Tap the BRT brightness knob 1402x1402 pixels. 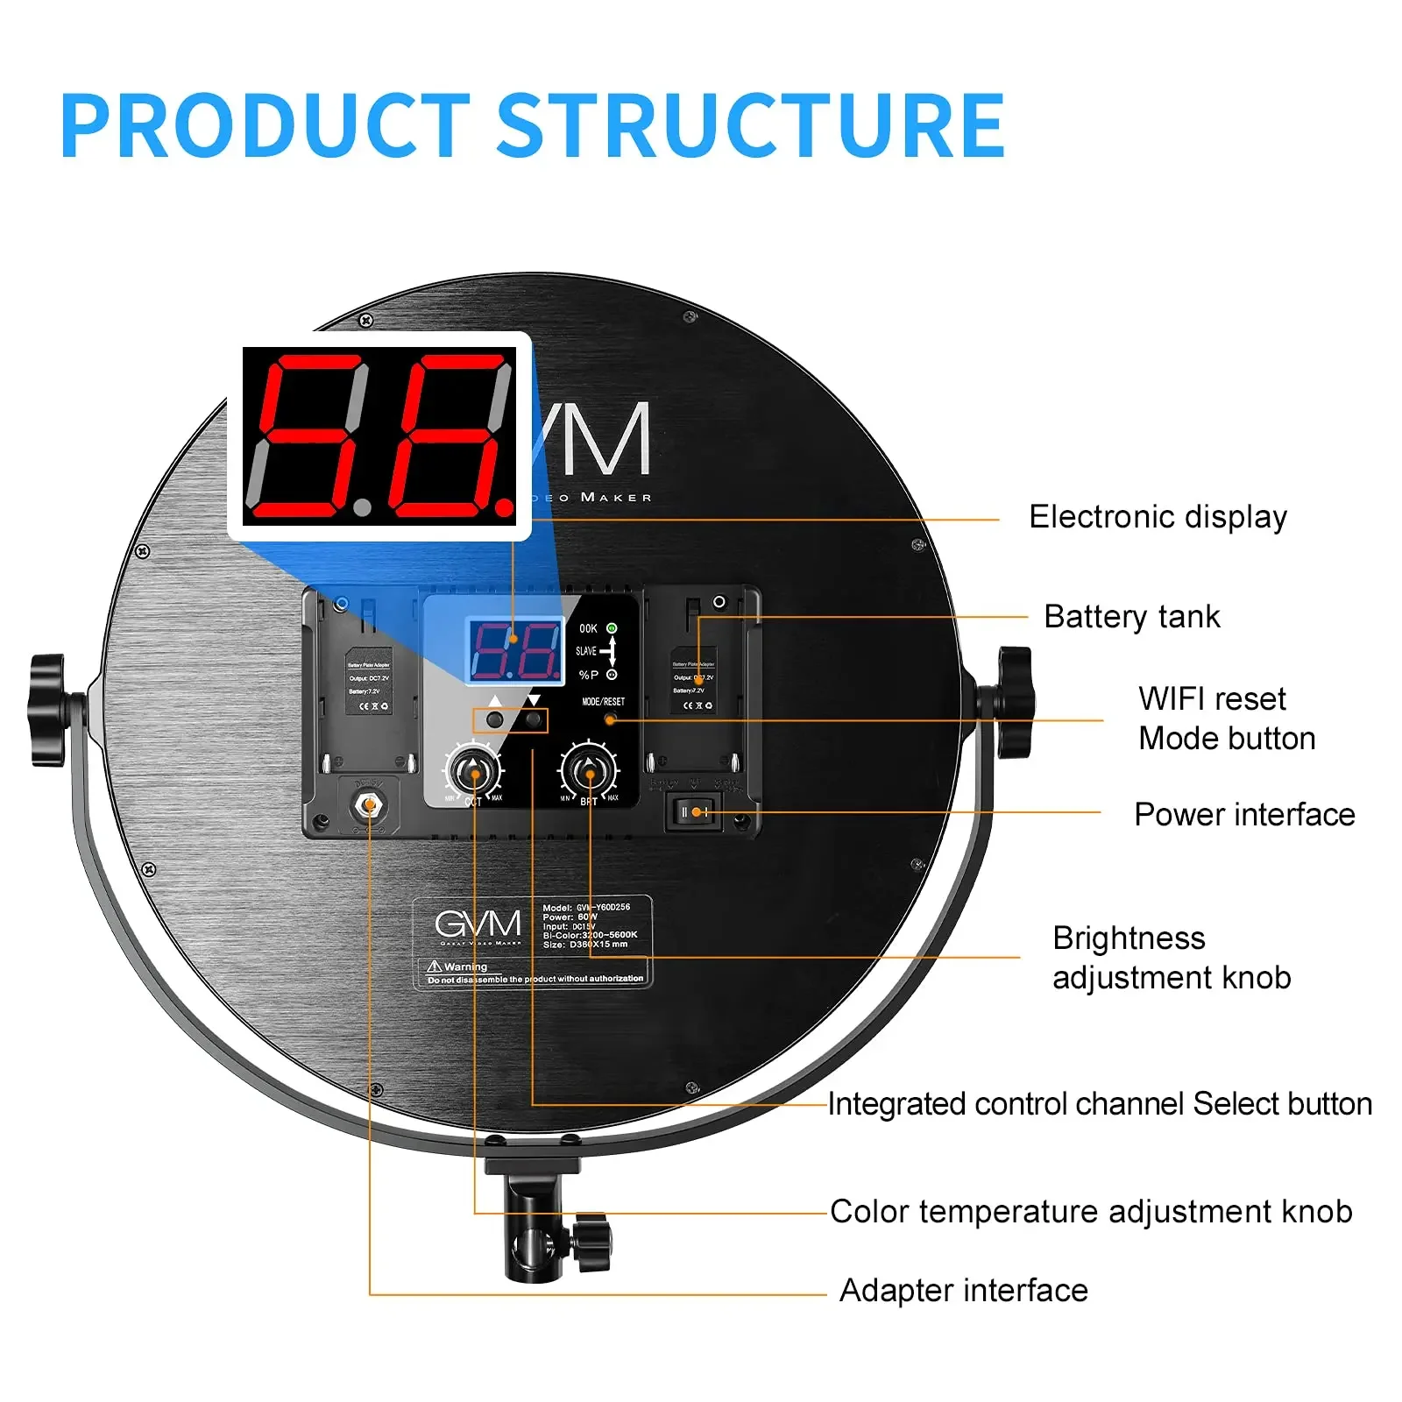tap(589, 772)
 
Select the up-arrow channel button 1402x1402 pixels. tap(495, 719)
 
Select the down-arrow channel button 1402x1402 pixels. tap(533, 719)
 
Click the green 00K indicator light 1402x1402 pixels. tap(612, 628)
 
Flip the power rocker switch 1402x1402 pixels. tap(695, 812)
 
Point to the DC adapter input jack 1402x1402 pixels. tap(369, 804)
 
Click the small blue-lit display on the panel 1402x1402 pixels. tap(515, 650)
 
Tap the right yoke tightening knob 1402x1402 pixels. tap(1015, 702)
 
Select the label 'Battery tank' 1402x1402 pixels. tap(1131, 617)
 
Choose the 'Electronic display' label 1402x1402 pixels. tap(1158, 517)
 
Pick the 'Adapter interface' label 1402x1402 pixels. tap(963, 1291)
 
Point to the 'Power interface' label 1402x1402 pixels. tap(1244, 815)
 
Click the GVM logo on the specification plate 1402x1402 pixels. tap(478, 924)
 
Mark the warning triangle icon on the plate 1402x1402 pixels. tap(435, 966)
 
